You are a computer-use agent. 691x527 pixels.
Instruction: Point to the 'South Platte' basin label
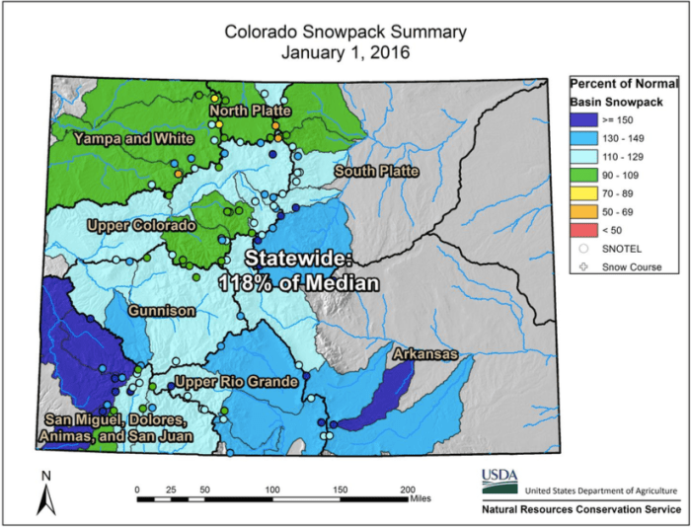pos(376,172)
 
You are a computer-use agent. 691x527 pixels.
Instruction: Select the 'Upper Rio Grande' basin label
pos(236,382)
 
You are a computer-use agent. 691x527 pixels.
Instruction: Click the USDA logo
pos(499,481)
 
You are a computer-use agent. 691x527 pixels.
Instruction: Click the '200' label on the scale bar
pos(407,489)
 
